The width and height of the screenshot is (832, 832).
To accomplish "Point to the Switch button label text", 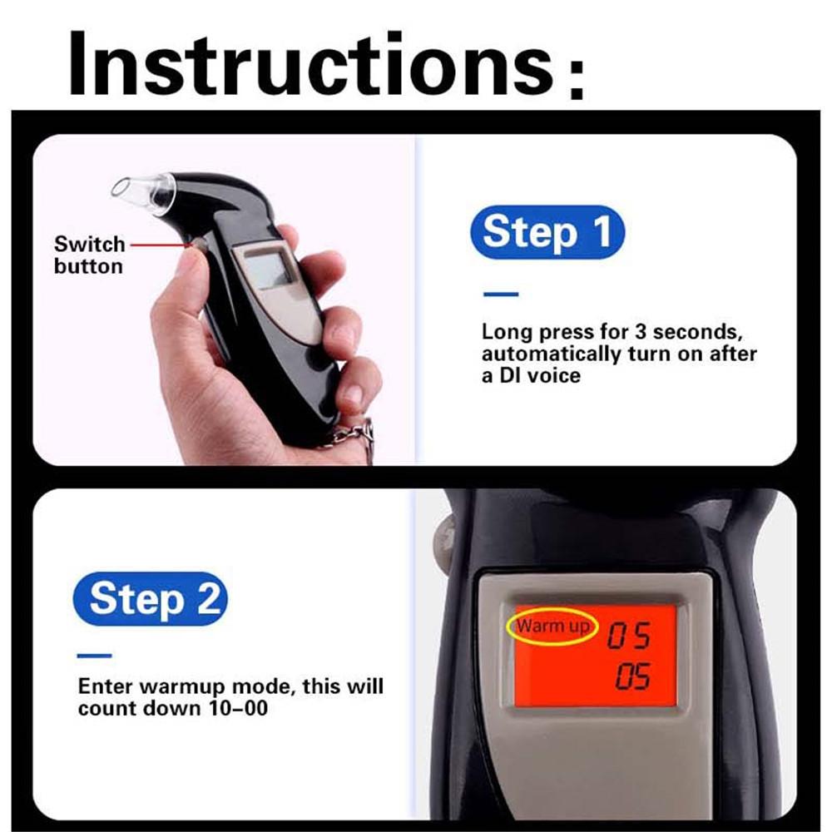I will point(88,255).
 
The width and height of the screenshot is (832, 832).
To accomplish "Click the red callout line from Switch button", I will point(158,245).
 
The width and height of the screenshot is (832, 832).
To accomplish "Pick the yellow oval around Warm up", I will point(552,626).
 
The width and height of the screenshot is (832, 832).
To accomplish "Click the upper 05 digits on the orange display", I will point(629,637).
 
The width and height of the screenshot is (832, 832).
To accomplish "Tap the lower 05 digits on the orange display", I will point(632,678).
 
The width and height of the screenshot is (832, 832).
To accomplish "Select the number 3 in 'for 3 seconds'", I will point(640,332).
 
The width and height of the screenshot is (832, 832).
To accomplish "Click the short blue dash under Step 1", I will point(500,294).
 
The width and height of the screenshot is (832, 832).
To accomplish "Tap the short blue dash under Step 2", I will point(94,656).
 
